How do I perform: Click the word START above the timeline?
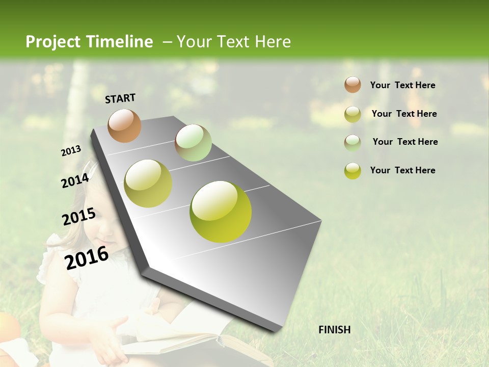click(x=120, y=98)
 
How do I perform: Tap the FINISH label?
click(x=335, y=330)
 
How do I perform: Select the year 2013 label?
click(x=71, y=151)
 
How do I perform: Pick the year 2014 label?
click(x=75, y=180)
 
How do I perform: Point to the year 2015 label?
click(x=79, y=217)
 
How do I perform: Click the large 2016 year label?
click(x=87, y=257)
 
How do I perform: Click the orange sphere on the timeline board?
click(x=125, y=125)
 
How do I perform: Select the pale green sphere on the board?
click(x=193, y=143)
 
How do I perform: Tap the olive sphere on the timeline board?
click(x=148, y=183)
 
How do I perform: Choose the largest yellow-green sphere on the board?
click(x=221, y=212)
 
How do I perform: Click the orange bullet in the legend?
click(x=352, y=85)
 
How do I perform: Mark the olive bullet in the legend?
click(x=352, y=114)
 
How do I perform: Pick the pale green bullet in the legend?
click(x=352, y=143)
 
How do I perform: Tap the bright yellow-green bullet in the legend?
click(x=352, y=171)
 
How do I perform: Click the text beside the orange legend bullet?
click(x=402, y=85)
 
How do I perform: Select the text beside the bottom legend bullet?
click(x=402, y=170)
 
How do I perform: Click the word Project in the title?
click(x=50, y=42)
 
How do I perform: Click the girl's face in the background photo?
click(x=104, y=232)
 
